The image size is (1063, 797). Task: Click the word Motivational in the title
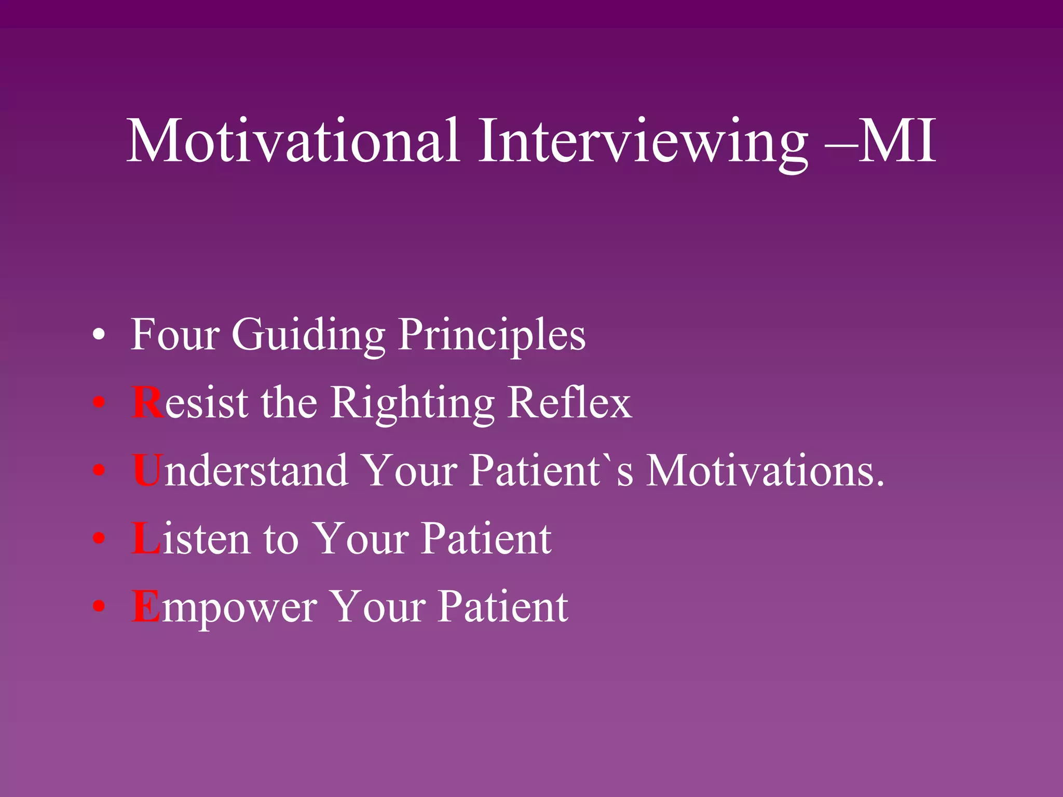(x=293, y=141)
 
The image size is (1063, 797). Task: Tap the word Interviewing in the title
(x=643, y=141)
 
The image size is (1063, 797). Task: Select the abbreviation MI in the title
(x=897, y=141)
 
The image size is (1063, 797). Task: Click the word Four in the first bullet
(x=175, y=335)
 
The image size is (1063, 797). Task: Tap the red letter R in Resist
(x=148, y=403)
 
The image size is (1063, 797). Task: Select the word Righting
(x=413, y=404)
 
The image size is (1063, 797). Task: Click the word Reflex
(x=570, y=403)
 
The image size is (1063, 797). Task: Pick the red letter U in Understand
(x=148, y=471)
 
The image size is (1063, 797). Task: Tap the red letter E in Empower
(x=146, y=607)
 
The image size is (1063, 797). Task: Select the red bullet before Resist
(x=99, y=403)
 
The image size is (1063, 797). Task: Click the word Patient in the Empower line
(x=503, y=607)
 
